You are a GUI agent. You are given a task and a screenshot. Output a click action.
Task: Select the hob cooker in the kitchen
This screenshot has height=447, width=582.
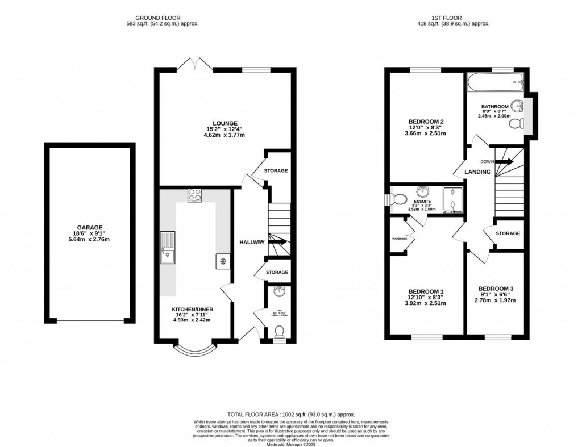[x=194, y=195]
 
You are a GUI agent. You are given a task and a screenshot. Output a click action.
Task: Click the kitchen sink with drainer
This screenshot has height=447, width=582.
[x=168, y=248]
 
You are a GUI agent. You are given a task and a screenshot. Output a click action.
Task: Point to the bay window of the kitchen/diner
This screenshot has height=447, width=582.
[x=194, y=350]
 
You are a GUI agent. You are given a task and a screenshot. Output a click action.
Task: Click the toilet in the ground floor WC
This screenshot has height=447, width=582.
[x=279, y=336]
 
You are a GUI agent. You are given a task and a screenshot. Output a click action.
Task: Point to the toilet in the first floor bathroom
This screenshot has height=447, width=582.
[x=516, y=123]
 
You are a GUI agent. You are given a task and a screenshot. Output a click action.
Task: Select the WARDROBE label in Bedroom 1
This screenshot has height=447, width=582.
[x=400, y=239]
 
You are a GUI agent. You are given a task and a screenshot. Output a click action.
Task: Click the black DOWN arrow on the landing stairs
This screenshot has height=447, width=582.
[x=505, y=161]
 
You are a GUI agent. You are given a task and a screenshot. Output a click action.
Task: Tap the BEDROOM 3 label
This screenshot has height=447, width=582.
[x=496, y=288]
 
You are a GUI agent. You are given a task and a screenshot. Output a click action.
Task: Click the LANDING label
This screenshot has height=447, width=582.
[x=477, y=172]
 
